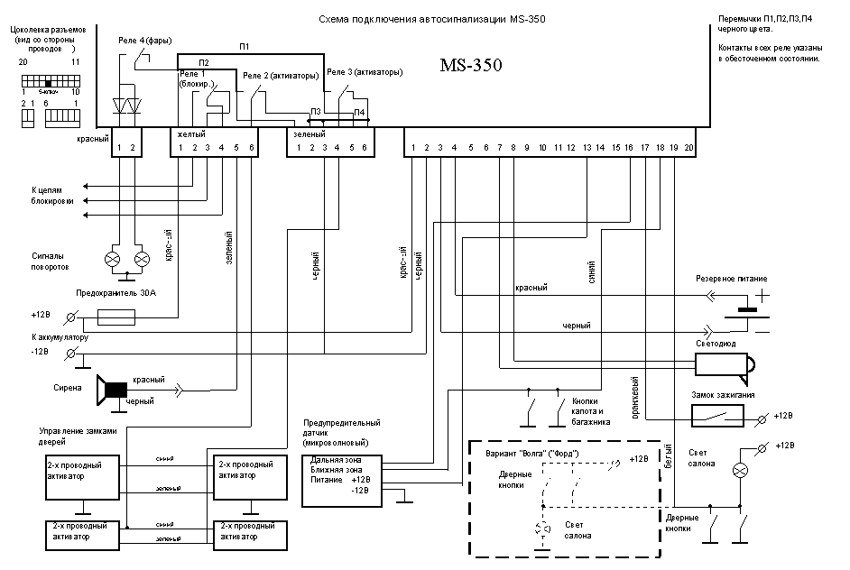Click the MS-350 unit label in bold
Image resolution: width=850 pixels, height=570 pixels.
click(470, 65)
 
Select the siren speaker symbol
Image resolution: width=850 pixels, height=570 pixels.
click(112, 389)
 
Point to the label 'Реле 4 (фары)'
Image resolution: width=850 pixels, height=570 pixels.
click(147, 41)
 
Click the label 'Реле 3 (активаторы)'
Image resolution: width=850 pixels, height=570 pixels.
click(364, 71)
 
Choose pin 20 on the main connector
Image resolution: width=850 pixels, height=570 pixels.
click(688, 147)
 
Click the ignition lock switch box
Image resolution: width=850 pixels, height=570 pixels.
click(717, 416)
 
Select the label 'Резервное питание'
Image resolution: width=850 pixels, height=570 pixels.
click(732, 279)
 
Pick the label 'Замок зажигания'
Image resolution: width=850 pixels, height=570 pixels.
click(725, 395)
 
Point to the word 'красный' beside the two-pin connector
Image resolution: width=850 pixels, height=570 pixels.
click(93, 141)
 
